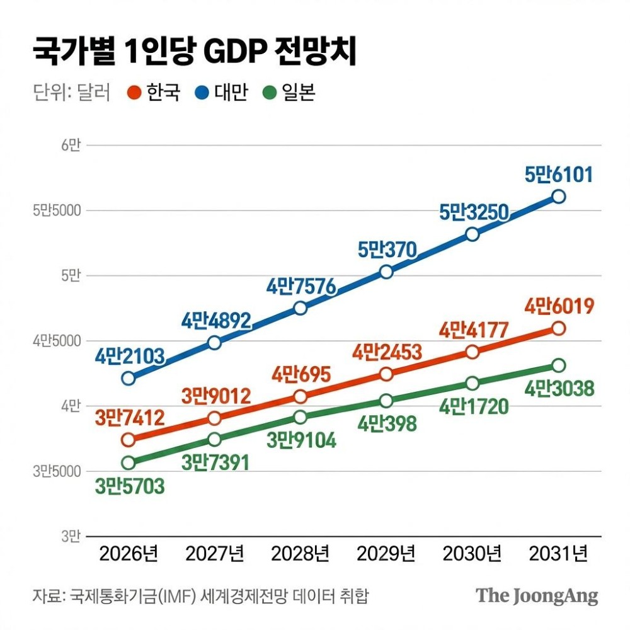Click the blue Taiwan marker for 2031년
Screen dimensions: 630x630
click(559, 197)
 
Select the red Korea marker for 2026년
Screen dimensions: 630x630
click(129, 439)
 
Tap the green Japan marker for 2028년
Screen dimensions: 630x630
click(301, 416)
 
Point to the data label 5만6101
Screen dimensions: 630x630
click(559, 175)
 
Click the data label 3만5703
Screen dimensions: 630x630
click(130, 486)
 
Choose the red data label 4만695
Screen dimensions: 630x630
click(301, 375)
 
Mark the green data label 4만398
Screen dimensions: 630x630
click(387, 423)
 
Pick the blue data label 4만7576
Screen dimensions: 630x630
click(301, 286)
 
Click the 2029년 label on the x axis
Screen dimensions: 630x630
click(386, 554)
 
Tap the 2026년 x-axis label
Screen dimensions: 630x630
click(129, 554)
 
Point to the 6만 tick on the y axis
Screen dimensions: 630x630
click(71, 146)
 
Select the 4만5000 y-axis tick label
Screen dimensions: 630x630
click(57, 341)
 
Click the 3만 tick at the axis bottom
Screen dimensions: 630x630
click(71, 537)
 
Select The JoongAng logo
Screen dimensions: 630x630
click(537, 595)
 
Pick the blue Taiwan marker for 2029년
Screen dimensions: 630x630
click(386, 272)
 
